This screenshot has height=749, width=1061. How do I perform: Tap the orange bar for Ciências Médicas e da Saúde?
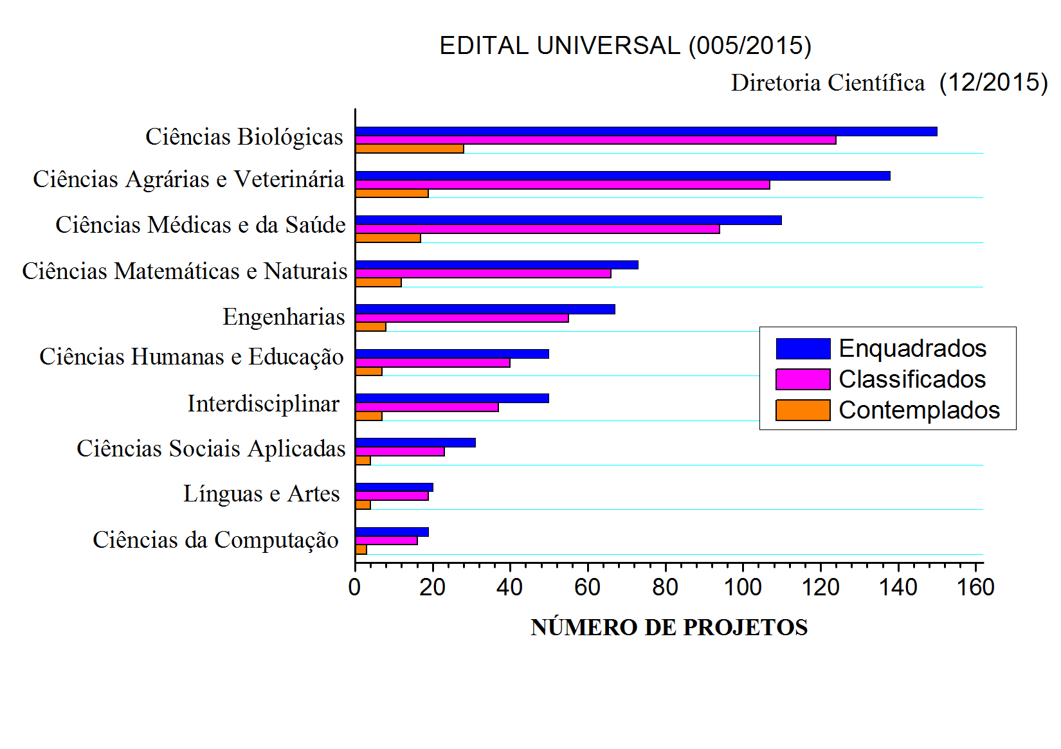pos(388,238)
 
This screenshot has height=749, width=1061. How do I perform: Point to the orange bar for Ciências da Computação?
pos(361,549)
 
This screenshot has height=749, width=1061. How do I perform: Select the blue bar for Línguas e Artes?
pos(394,487)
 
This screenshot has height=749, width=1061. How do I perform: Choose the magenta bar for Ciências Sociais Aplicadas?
pos(399,451)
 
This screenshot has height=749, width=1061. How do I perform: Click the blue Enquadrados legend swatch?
pos(803,348)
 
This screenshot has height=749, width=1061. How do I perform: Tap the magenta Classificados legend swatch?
pos(803,379)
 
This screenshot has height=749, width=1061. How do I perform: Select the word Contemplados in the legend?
pos(919,410)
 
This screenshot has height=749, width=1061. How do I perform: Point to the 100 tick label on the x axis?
pos(743,588)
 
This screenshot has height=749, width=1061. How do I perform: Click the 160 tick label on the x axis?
pos(975,588)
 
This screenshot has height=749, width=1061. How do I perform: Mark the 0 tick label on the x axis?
pos(354,588)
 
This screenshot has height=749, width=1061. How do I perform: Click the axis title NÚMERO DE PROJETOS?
pos(669,627)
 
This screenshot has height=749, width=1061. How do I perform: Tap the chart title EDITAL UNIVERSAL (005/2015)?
pos(625,46)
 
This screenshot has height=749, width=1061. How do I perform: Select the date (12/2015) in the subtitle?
pos(993,82)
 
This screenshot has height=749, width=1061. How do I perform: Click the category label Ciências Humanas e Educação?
pos(191,357)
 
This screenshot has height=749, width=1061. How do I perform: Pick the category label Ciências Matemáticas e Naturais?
pos(185,271)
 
